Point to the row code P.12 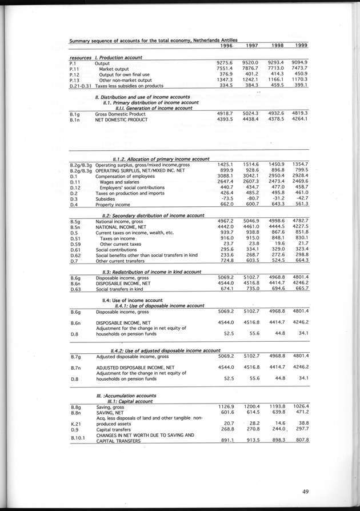75,74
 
